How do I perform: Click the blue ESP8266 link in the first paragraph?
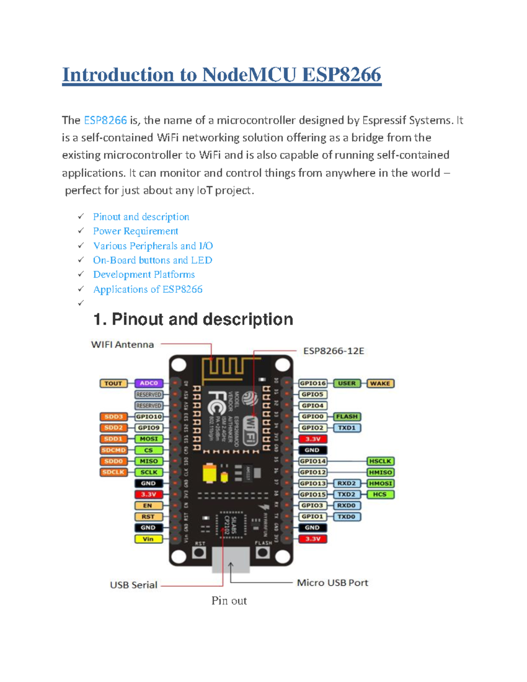coord(105,120)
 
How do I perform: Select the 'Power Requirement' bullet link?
coord(135,231)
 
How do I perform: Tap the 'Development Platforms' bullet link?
coord(144,274)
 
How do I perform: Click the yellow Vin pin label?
coord(148,539)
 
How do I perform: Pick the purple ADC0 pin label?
coord(149,383)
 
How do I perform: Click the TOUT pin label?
coord(113,383)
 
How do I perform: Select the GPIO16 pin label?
coord(313,383)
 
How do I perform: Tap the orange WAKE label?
coord(380,383)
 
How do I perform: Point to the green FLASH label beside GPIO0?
coord(347,416)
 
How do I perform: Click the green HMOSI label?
coord(380,483)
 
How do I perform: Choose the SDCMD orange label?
coord(114,450)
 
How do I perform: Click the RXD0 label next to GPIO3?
coord(347,505)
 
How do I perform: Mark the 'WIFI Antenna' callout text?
coord(123,345)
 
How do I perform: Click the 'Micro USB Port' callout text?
coord(332,583)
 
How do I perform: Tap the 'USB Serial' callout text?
coord(134,585)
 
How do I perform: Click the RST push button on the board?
coord(199,552)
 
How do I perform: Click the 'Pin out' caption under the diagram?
coord(229,601)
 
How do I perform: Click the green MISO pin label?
coord(149,461)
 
